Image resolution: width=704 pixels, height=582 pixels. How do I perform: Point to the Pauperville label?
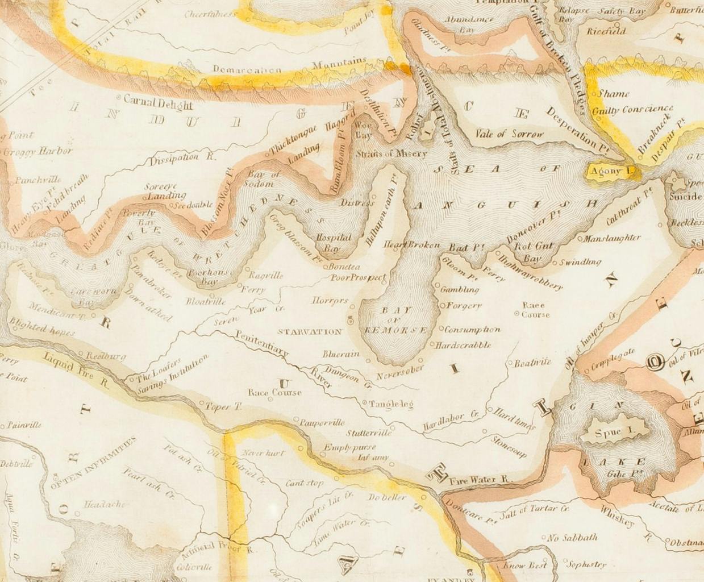tap(322, 422)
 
